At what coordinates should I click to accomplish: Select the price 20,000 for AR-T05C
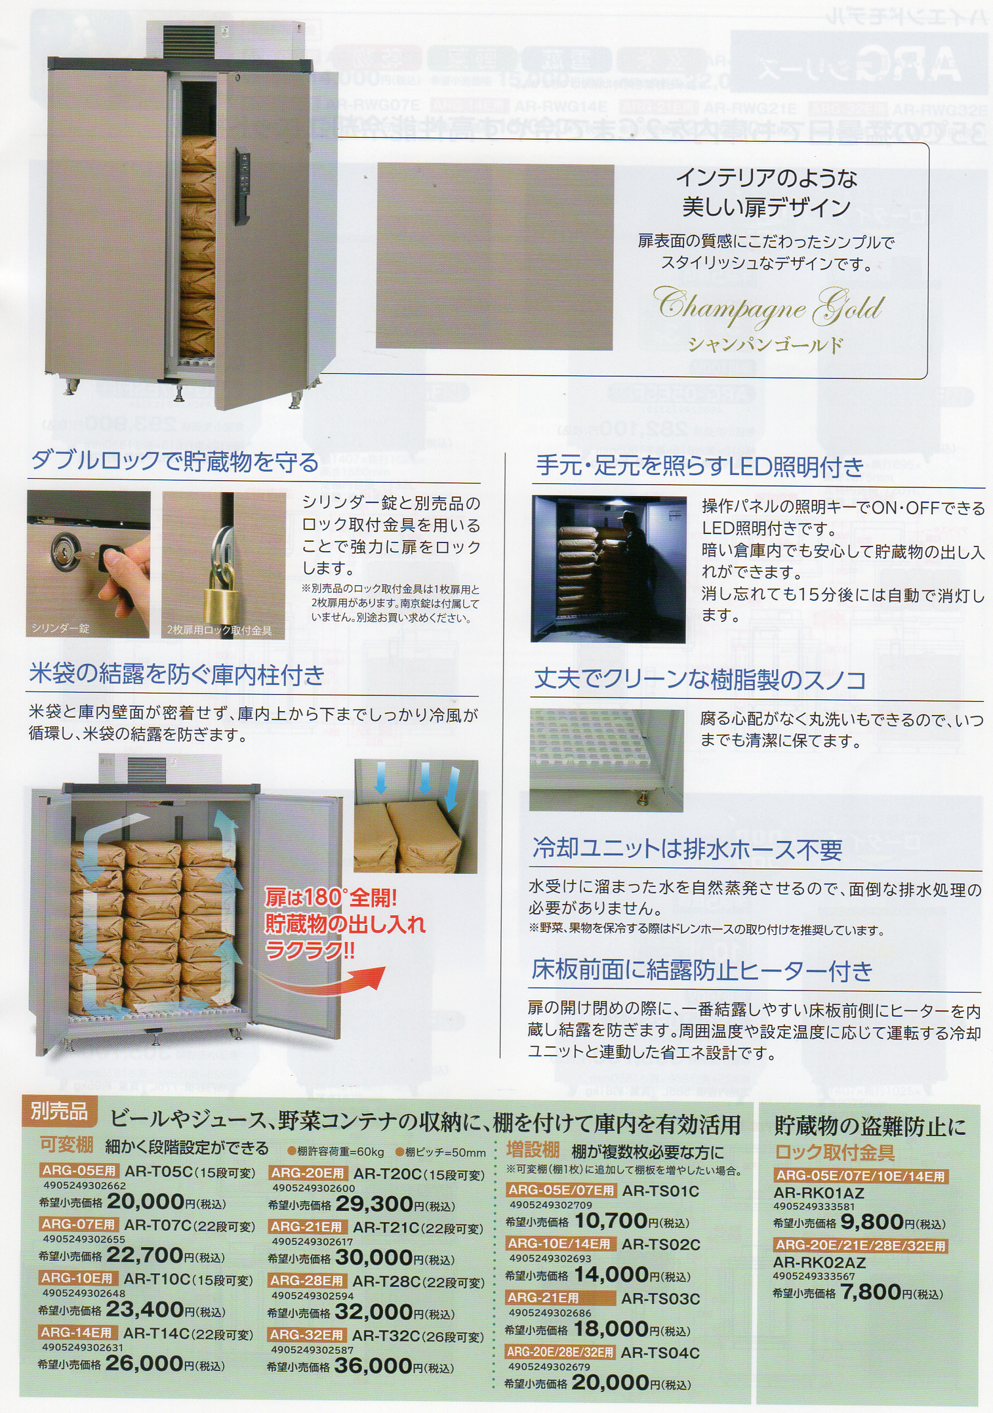coord(145,1202)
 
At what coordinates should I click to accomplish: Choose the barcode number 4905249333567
coord(813,1276)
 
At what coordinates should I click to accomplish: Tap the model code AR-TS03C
coord(660,1298)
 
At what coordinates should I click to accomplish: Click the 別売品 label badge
coord(59,1111)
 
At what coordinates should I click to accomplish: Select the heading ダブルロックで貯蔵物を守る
coord(174,462)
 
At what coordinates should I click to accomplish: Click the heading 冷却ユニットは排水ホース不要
coord(687,850)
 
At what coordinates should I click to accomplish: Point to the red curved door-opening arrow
coord(322,980)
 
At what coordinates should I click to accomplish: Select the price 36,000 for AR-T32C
coord(373,1366)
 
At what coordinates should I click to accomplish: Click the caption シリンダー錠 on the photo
coord(60,628)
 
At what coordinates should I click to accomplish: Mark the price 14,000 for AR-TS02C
coord(611,1275)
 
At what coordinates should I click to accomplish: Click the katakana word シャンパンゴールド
coord(765,345)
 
